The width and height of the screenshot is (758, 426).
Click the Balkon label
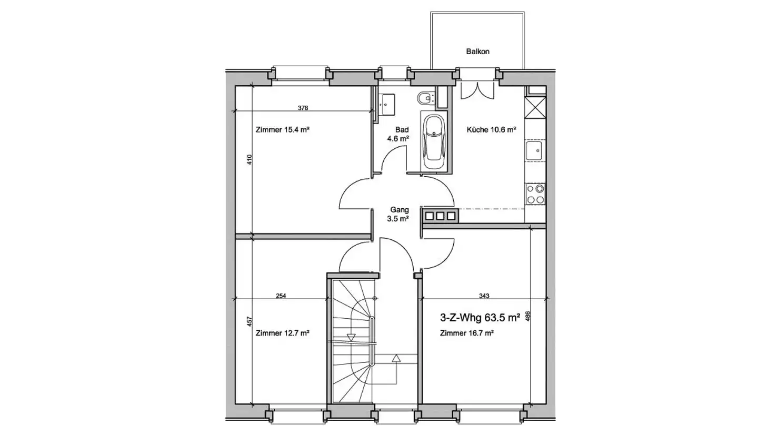(x=477, y=52)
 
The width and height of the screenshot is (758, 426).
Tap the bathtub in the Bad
(x=434, y=141)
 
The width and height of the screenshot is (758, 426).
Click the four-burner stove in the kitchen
(x=535, y=194)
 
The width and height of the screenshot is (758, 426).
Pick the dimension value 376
(x=303, y=108)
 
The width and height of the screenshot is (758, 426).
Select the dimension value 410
(x=250, y=159)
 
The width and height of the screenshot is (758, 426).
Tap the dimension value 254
(x=281, y=296)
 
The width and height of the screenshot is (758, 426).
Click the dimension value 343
(x=484, y=296)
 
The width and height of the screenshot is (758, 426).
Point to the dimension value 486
(x=527, y=316)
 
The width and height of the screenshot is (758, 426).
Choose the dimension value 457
(x=250, y=321)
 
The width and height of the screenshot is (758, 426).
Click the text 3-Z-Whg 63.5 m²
(x=480, y=318)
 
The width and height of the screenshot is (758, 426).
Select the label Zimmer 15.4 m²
(x=283, y=129)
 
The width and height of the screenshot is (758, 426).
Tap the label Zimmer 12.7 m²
(x=283, y=333)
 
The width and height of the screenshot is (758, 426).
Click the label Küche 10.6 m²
(x=491, y=129)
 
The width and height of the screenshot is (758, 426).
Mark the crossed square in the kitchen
(x=535, y=107)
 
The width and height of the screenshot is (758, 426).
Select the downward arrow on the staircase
(x=351, y=338)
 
